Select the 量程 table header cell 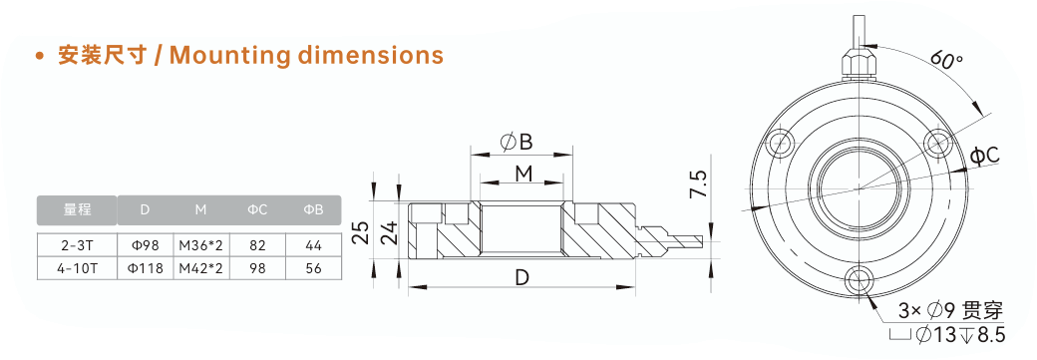78,209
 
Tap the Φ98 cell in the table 145,245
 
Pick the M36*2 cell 201,245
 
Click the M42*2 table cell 201,268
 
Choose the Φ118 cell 145,268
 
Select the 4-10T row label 78,268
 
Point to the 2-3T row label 78,245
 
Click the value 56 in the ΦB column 313,268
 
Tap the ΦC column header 257,209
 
